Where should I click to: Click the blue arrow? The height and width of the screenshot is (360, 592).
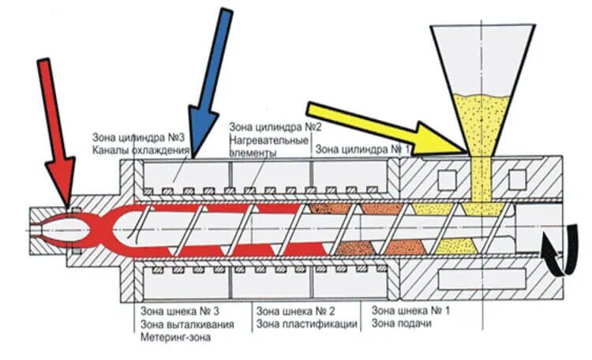pyautogui.click(x=211, y=80)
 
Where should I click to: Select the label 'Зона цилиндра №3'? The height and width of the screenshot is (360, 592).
pyautogui.click(x=138, y=136)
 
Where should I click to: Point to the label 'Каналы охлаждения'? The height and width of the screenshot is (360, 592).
pyautogui.click(x=141, y=149)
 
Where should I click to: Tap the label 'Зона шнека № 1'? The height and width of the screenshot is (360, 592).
pyautogui.click(x=410, y=309)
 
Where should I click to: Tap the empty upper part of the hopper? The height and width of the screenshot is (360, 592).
pyautogui.click(x=482, y=55)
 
